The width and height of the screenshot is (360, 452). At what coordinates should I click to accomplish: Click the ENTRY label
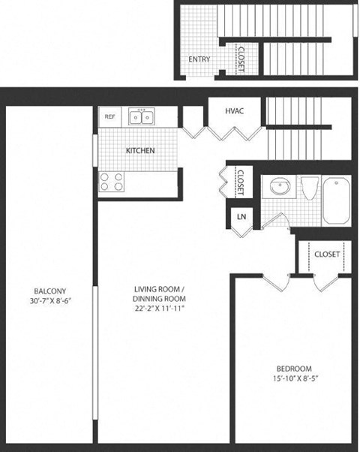pyautogui.click(x=199, y=59)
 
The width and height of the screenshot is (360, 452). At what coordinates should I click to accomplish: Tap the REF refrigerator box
pyautogui.click(x=110, y=116)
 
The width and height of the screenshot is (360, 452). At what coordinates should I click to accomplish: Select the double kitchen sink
pyautogui.click(x=141, y=116)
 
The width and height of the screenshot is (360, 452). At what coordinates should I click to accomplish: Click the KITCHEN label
pyautogui.click(x=140, y=150)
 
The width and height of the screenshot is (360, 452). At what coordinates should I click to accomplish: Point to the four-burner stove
pyautogui.click(x=112, y=182)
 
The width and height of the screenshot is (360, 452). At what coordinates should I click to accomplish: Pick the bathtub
pyautogui.click(x=337, y=198)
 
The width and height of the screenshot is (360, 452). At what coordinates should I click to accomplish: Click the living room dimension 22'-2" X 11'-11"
pyautogui.click(x=159, y=308)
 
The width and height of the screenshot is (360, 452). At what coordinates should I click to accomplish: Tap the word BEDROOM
pyautogui.click(x=294, y=368)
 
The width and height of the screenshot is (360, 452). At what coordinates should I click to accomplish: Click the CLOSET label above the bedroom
pyautogui.click(x=327, y=254)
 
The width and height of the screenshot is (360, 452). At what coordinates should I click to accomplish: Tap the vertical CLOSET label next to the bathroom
pyautogui.click(x=240, y=181)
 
